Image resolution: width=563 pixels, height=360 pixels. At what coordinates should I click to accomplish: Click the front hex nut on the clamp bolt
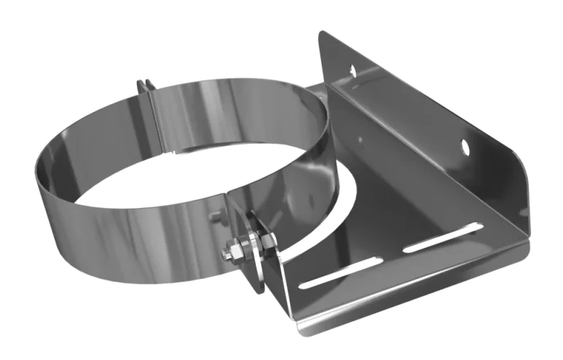pos(238,250)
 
